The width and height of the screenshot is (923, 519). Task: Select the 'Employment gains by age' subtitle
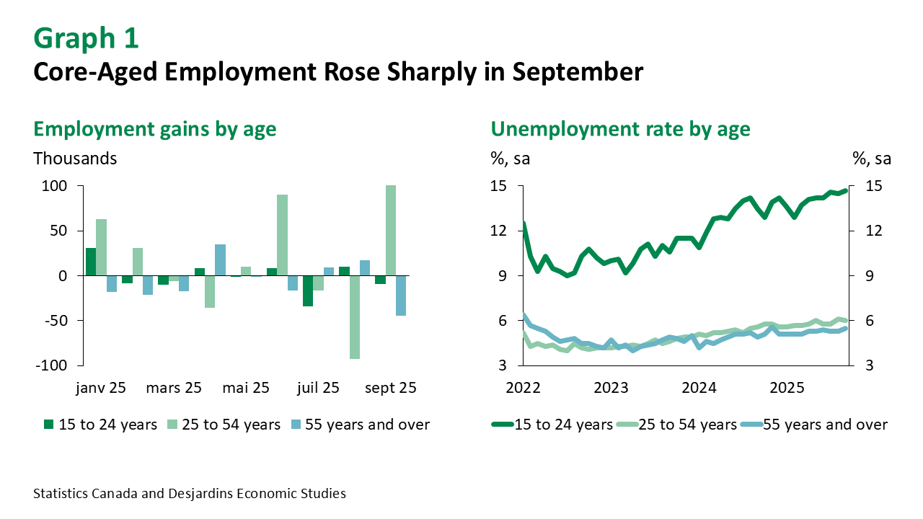click(x=155, y=129)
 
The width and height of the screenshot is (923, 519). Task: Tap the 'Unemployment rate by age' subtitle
click(x=620, y=129)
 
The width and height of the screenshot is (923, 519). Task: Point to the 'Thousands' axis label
click(x=75, y=159)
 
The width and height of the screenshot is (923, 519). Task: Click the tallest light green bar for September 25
click(x=391, y=230)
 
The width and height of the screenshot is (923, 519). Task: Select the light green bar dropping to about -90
click(x=354, y=316)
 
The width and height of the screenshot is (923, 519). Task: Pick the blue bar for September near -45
click(x=401, y=295)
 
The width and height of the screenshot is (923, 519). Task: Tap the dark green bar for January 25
click(x=91, y=262)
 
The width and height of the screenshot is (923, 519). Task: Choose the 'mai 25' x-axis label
click(x=245, y=388)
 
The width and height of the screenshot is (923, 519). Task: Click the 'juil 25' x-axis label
click(x=317, y=388)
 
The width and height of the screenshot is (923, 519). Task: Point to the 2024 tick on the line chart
click(x=699, y=388)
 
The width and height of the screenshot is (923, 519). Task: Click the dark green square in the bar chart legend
click(x=48, y=425)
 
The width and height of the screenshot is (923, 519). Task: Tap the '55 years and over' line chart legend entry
click(x=825, y=425)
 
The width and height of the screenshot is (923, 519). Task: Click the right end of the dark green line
click(x=845, y=190)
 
